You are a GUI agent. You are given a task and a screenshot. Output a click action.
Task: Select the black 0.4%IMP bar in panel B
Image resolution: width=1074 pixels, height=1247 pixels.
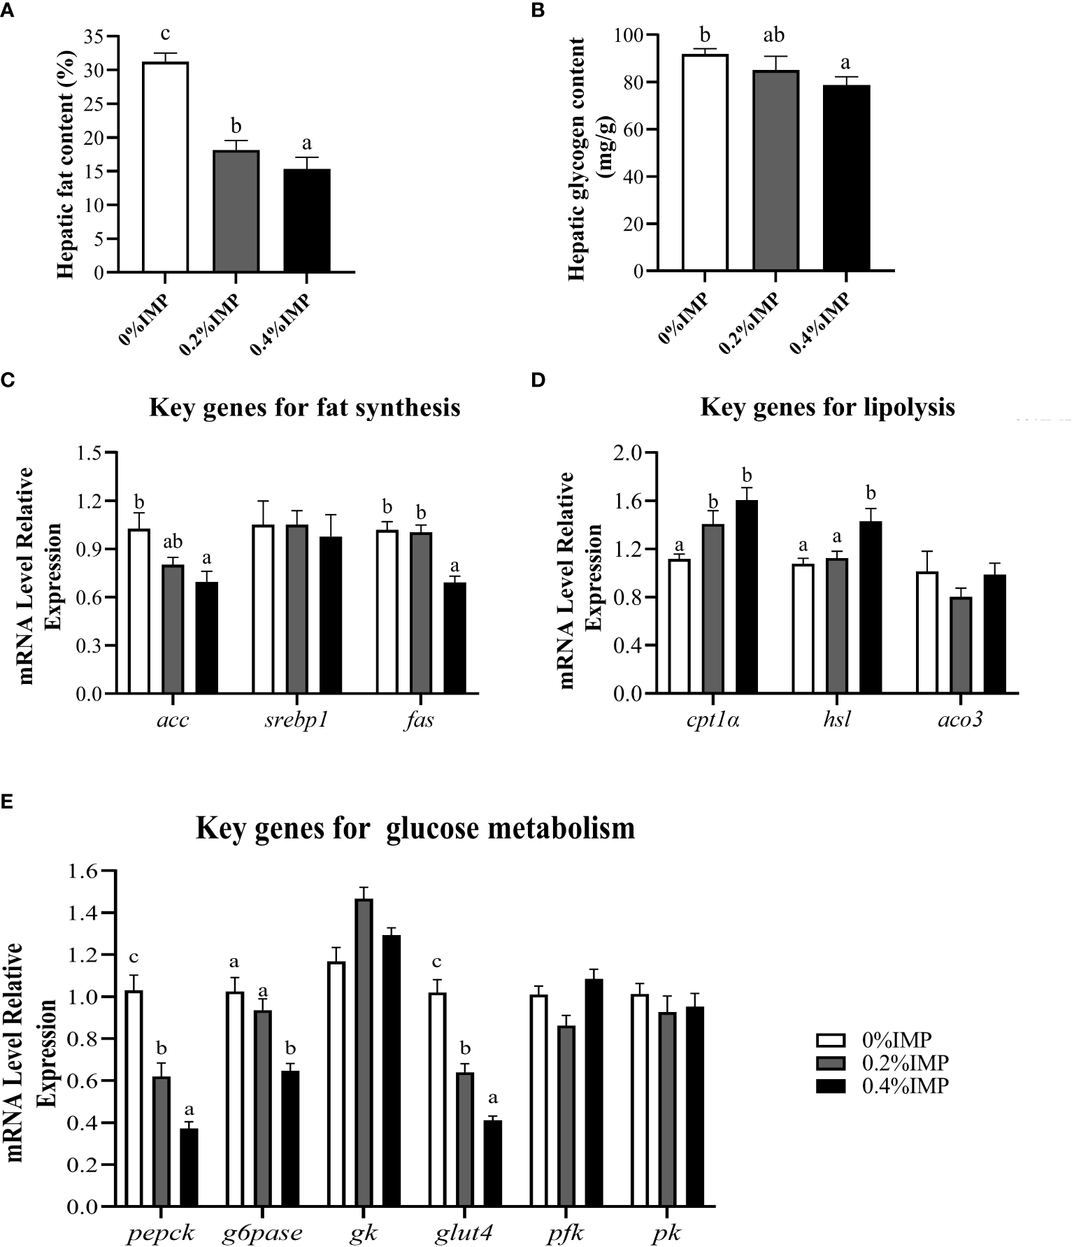pos(846,178)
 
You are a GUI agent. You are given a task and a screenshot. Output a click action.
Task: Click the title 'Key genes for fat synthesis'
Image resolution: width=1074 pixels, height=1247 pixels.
pos(304,406)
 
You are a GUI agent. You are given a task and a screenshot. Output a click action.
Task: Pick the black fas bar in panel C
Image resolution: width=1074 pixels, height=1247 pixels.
pos(455,637)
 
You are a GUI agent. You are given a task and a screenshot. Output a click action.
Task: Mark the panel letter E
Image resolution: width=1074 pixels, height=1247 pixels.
pos(6,802)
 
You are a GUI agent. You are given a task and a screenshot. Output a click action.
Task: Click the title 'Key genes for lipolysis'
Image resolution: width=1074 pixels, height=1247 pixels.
pos(827,406)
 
